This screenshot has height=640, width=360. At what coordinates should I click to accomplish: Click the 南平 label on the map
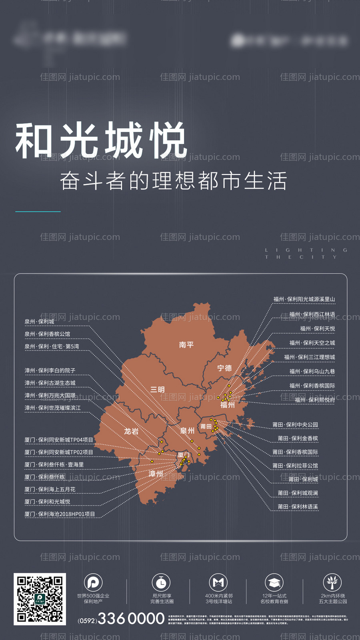coord(186,345)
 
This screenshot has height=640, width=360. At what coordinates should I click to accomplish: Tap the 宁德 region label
coord(224,368)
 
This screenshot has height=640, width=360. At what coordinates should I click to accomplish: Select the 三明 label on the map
coord(158,390)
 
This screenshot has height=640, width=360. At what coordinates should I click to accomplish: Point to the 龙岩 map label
coord(131,431)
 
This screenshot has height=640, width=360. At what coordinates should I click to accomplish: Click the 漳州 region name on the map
coord(156,474)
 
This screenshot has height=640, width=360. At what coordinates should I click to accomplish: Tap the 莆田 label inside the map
coord(206,426)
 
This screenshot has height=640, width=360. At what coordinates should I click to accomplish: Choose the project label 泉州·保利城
coord(39,322)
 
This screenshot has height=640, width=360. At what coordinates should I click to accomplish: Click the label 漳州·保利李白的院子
coord(50,371)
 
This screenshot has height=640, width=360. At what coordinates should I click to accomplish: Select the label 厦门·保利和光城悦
coord(47,502)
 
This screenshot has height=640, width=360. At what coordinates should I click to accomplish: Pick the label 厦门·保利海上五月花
coord(50,490)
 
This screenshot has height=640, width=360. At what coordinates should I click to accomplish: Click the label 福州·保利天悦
coord(318,329)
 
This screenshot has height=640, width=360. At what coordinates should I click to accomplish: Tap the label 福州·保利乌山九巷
coord(312,372)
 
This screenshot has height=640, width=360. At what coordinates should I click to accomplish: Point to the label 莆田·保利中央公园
coord(295,425)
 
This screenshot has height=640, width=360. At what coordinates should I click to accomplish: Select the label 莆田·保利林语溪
coord(298,507)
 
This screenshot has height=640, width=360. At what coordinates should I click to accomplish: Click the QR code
coord(40,599)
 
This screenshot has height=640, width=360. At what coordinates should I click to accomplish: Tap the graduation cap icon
coord(274,583)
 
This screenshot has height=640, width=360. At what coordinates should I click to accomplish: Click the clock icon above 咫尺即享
coord(161,583)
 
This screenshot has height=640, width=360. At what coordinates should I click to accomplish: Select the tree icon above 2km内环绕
coord(332,582)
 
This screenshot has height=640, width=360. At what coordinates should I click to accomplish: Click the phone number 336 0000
coord(131,619)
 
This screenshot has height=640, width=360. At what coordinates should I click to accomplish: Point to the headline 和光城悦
coord(101,140)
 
